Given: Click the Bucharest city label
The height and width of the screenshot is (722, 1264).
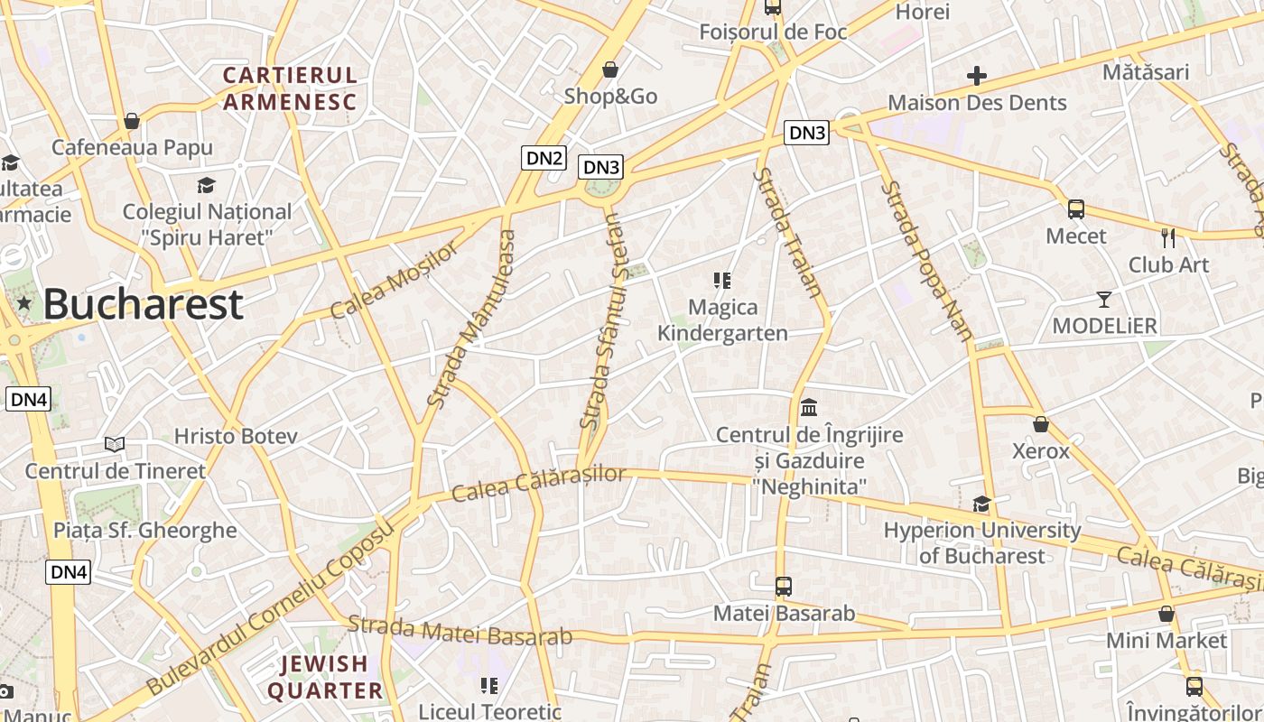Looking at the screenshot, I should pyautogui.click(x=143, y=304).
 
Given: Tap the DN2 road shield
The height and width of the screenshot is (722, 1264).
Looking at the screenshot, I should pyautogui.click(x=544, y=159).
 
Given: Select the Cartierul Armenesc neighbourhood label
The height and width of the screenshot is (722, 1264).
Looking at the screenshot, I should pyautogui.click(x=290, y=88).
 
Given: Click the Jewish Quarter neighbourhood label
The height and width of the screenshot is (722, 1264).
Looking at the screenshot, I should pyautogui.click(x=325, y=678).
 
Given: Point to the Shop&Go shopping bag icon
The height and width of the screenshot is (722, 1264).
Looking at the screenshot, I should pyautogui.click(x=610, y=69).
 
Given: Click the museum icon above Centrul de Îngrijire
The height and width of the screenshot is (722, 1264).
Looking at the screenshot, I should pyautogui.click(x=809, y=407).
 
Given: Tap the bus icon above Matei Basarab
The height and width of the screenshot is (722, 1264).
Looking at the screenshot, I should pyautogui.click(x=784, y=587).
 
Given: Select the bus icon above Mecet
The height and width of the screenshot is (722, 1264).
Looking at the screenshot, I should pyautogui.click(x=1075, y=209).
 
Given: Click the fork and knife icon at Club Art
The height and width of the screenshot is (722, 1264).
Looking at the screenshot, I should pyautogui.click(x=1168, y=238).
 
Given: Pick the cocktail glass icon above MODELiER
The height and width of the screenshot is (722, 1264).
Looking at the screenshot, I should pyautogui.click(x=1103, y=299).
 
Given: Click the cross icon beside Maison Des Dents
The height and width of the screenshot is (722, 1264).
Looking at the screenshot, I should pyautogui.click(x=976, y=76).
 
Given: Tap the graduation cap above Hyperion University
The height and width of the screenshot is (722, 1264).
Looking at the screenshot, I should pyautogui.click(x=981, y=504).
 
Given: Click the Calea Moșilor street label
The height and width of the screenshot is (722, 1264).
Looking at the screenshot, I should pyautogui.click(x=394, y=282).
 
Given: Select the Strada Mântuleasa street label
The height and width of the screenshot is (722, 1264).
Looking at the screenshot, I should pyautogui.click(x=471, y=319).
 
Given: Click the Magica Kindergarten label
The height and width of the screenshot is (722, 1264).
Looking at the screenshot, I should pyautogui.click(x=722, y=320).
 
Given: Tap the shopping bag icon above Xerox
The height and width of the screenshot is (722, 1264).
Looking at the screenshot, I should pyautogui.click(x=1041, y=423).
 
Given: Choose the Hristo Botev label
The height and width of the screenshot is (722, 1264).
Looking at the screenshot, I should pyautogui.click(x=236, y=437).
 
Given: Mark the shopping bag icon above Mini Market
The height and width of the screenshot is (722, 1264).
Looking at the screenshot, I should pyautogui.click(x=1166, y=614).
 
